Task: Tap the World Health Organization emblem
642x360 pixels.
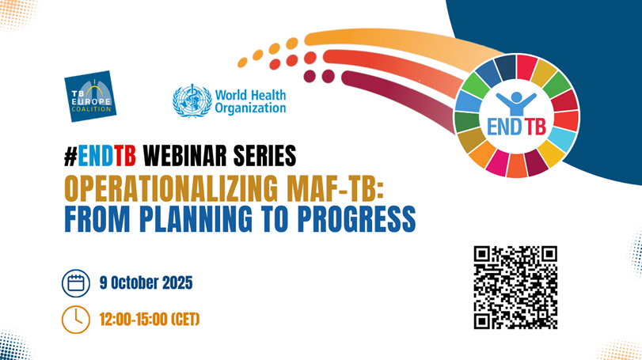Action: (x=192, y=101)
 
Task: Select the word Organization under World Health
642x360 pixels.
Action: (x=250, y=108)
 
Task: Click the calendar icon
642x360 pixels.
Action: (x=76, y=282)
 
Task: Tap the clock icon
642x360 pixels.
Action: (x=76, y=320)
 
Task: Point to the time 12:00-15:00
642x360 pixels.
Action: (x=131, y=320)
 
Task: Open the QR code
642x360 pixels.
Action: (x=515, y=287)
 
